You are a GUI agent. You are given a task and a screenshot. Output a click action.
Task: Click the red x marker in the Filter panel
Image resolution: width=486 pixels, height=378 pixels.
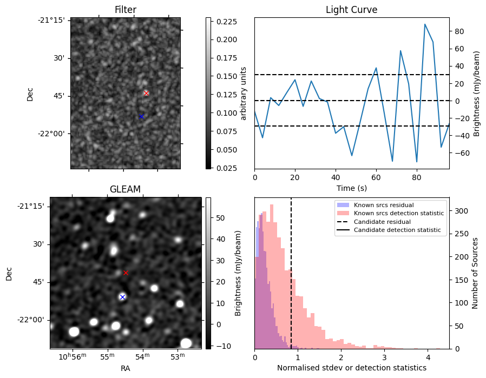pos(146,93)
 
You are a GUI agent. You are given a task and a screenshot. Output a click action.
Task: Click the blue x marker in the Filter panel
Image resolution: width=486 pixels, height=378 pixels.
pos(141,116)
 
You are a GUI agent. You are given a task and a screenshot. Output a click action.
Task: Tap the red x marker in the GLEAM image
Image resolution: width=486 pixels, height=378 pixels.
pos(126,273)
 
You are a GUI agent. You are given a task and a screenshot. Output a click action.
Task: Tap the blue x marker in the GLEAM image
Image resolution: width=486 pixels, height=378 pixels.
pos(122,297)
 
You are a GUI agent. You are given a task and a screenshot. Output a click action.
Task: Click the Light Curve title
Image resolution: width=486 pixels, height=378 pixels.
pos(351,10)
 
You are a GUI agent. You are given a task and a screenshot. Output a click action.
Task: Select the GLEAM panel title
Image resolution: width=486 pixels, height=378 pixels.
pos(125,189)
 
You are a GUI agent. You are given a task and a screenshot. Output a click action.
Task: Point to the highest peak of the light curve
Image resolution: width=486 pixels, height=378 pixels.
pos(425,24)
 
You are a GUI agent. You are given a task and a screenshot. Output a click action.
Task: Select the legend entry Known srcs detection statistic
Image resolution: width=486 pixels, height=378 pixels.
pos(398,214)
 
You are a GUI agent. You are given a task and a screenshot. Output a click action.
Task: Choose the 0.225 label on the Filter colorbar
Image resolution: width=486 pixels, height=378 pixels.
pos(226,22)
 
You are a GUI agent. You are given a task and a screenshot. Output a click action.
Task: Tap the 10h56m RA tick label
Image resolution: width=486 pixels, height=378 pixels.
pos(70,356)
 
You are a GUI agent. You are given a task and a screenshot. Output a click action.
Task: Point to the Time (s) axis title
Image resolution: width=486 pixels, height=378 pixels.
pos(351,187)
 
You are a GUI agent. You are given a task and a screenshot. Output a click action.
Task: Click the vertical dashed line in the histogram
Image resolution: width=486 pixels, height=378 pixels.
pos(291,281)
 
